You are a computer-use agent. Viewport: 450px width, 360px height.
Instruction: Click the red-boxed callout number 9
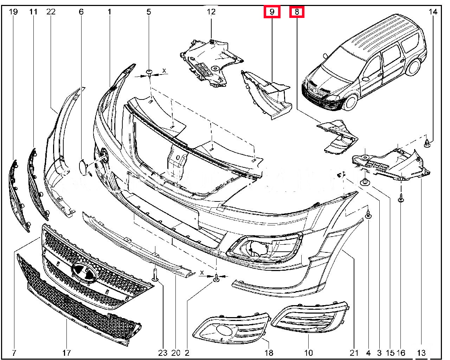272,12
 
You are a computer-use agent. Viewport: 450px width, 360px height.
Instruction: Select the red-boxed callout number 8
297,12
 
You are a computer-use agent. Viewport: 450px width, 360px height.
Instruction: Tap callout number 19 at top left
13,12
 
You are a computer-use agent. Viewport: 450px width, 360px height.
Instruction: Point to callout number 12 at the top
211,12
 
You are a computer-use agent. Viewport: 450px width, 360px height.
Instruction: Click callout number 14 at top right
433,12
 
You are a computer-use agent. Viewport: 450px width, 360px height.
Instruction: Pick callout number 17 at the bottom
66,353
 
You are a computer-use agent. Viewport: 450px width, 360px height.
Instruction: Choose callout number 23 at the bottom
163,353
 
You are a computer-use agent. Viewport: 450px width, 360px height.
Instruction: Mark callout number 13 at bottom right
421,353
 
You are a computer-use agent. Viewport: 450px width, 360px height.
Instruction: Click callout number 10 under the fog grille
308,353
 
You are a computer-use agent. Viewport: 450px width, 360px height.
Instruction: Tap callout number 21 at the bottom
354,353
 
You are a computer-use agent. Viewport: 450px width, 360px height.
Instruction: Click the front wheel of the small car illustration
351,102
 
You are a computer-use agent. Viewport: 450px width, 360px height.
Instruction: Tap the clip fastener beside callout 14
427,143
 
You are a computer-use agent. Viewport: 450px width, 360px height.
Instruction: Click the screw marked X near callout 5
150,73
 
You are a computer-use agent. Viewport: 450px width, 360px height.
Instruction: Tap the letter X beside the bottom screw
202,272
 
